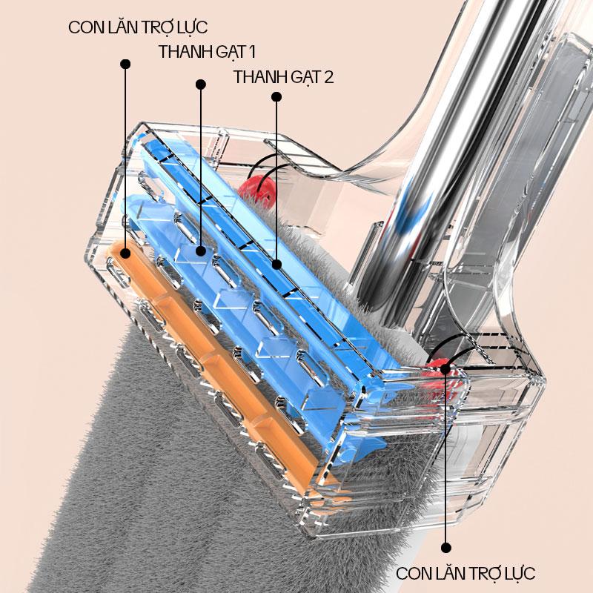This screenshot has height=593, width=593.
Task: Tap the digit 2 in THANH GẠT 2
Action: pyautogui.click(x=328, y=76)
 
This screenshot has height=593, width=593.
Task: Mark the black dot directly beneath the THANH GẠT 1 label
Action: pyautogui.click(x=200, y=84)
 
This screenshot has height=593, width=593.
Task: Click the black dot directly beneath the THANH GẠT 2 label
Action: pyautogui.click(x=276, y=96)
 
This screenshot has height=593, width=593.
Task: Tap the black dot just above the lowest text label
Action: pyautogui.click(x=445, y=548)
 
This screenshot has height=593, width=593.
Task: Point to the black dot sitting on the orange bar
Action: pyautogui.click(x=125, y=254)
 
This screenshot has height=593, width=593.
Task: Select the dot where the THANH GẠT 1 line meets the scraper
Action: pyautogui.click(x=200, y=252)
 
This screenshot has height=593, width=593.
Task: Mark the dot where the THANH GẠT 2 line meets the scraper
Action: pyautogui.click(x=276, y=263)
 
